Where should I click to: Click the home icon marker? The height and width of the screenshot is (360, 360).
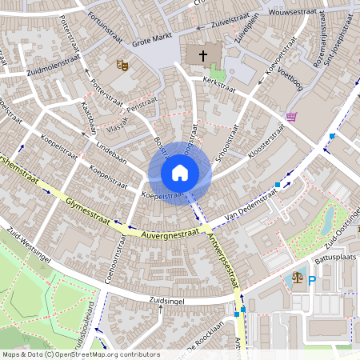[x=180, y=172]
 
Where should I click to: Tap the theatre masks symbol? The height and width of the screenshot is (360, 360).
[x=122, y=64]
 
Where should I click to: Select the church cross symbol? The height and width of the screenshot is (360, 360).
[x=203, y=55]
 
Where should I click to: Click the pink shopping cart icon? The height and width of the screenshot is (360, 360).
[x=291, y=117]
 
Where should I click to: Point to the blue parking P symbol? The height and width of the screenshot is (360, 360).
[x=312, y=281]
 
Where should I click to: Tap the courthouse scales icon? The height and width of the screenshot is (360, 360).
[x=298, y=278]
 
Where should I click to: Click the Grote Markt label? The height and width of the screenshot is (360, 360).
[x=152, y=38]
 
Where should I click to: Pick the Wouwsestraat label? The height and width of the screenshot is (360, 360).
[x=294, y=13]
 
